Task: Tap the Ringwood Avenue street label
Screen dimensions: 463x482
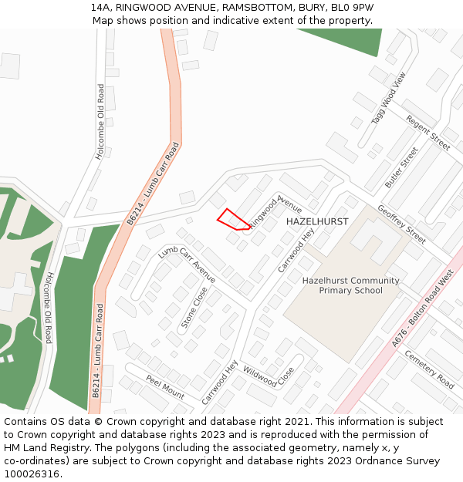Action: coord(275,211)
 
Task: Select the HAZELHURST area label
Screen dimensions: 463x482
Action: coord(317,221)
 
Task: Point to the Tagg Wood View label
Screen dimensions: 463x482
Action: coord(388,99)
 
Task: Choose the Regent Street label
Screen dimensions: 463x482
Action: coord(428,132)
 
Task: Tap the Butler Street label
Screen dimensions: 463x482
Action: coord(401,168)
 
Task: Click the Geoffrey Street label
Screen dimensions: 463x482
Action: coord(401,224)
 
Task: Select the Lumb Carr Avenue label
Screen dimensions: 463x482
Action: coord(187,265)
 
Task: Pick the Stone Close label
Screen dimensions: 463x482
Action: coord(194,308)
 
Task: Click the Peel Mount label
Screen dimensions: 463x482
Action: coord(165,387)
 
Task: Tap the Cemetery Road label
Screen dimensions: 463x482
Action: coord(429,369)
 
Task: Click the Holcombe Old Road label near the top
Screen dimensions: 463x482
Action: coord(100,121)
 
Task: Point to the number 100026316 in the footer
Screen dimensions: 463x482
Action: coord(32,474)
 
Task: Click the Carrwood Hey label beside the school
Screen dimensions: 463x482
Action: coord(297,251)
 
